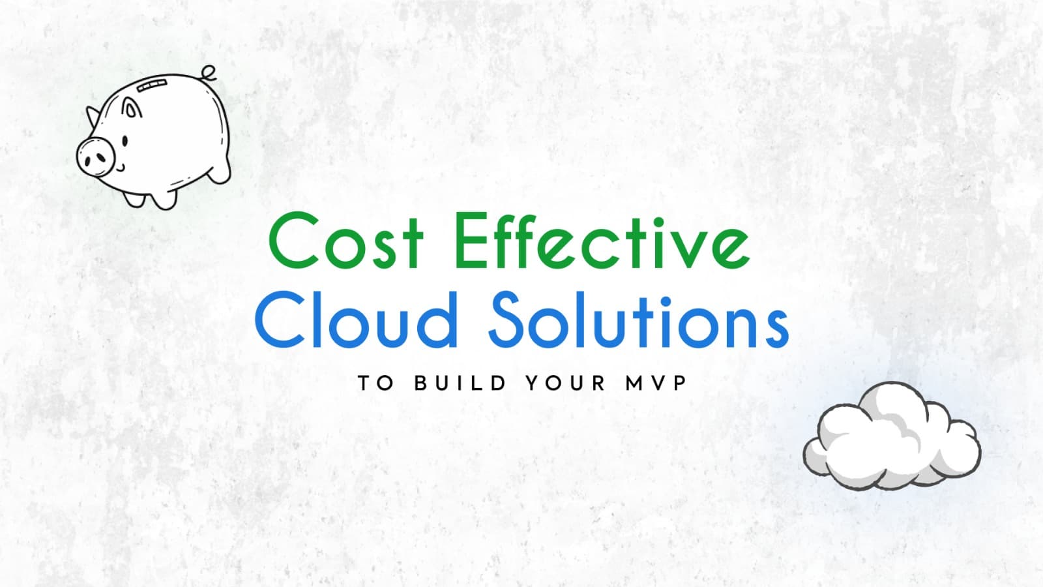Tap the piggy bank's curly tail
pyautogui.click(x=209, y=72)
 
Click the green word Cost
pyautogui.click(x=345, y=241)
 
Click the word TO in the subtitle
pyautogui.click(x=376, y=383)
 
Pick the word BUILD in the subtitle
pyautogui.click(x=460, y=383)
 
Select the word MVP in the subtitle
pyautogui.click(x=656, y=383)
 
